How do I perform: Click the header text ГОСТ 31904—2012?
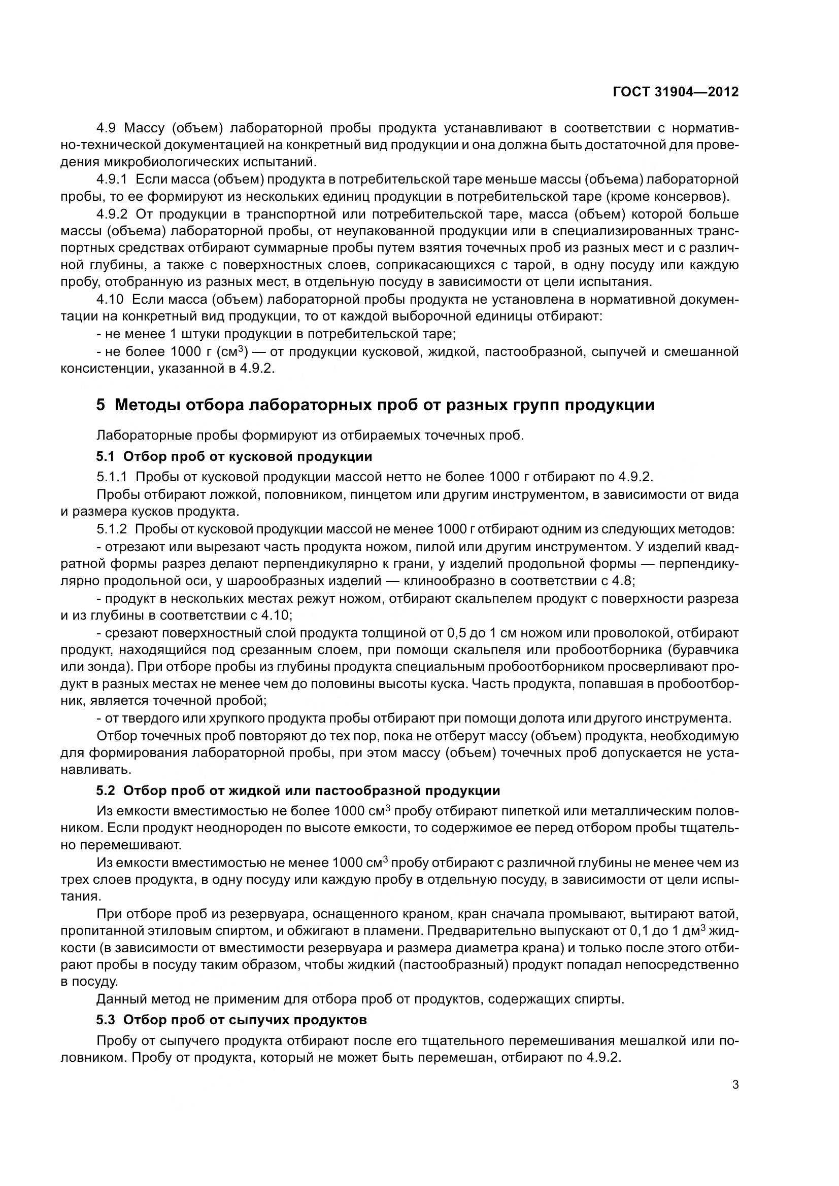click(675, 92)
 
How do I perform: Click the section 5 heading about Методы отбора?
click(375, 405)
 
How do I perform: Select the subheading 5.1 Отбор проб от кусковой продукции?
click(234, 457)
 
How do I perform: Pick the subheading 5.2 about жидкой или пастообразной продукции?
click(298, 790)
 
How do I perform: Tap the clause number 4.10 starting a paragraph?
click(110, 300)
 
